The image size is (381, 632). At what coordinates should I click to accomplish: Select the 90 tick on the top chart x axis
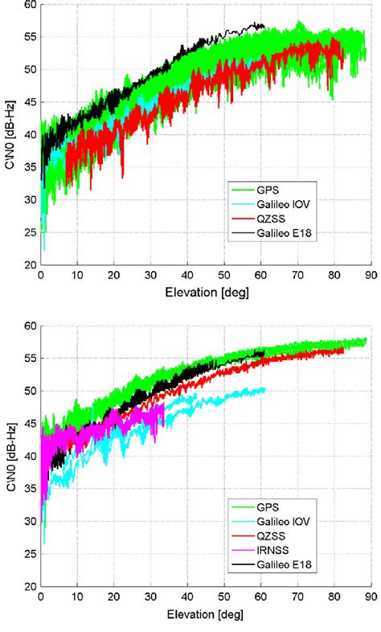pos(368,275)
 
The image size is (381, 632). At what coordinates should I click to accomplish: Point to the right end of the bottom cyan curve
pos(264,390)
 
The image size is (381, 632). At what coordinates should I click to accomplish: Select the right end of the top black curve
pos(264,27)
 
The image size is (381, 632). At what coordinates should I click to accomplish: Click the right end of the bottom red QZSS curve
pos(343,351)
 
